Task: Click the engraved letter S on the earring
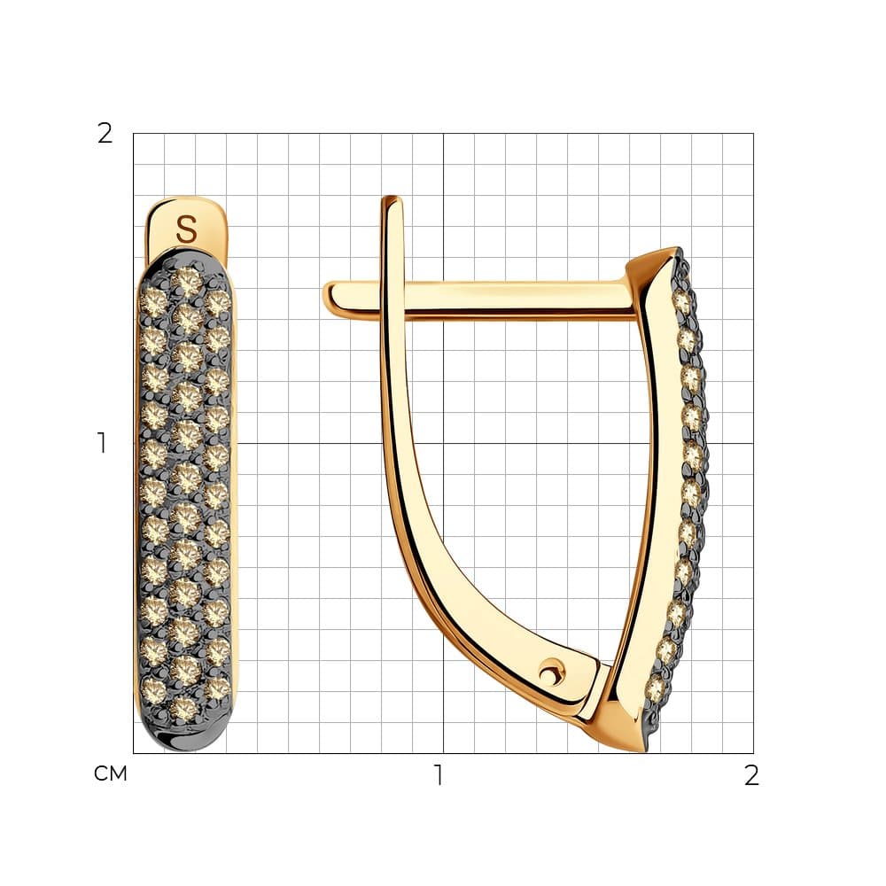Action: click(x=186, y=229)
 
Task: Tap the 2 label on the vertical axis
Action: click(x=105, y=134)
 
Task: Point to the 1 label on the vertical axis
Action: click(x=102, y=443)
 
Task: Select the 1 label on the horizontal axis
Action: click(x=439, y=775)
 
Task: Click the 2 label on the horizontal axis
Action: click(x=751, y=775)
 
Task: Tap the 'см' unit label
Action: click(x=110, y=773)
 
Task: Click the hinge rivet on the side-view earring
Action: click(x=548, y=672)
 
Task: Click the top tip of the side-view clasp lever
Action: click(x=392, y=198)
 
